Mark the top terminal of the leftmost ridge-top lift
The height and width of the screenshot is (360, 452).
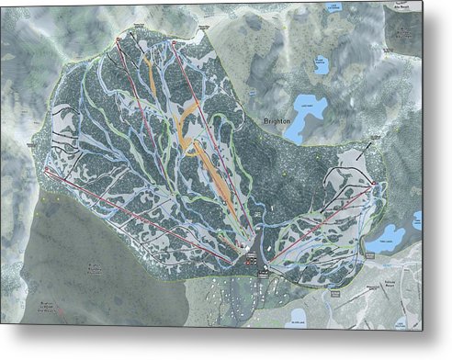tap(119, 41)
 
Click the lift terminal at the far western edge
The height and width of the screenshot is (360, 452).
tap(45, 169)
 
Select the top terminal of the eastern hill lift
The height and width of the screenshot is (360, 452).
tap(377, 186)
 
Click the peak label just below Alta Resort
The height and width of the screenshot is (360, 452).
tap(404, 33)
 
